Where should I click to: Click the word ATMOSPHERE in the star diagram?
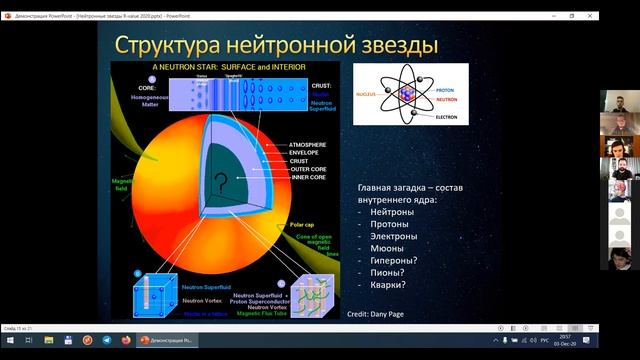[x=309, y=144]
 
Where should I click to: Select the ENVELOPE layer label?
[x=305, y=153]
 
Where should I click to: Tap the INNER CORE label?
[x=307, y=178]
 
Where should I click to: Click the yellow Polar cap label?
[x=303, y=226]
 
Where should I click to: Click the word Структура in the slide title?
[x=174, y=46]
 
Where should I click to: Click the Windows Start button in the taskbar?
[x=9, y=340]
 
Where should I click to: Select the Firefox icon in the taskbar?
[x=125, y=340]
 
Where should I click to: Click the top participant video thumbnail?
[x=619, y=103]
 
